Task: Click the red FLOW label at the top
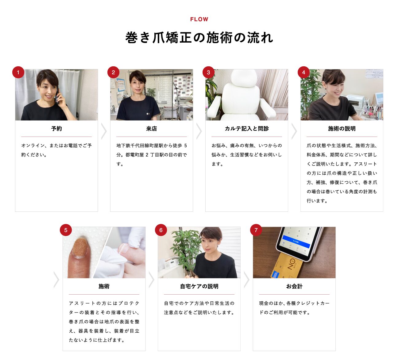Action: (x=199, y=19)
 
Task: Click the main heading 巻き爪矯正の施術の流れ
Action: (x=199, y=37)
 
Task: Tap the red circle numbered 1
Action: (x=18, y=72)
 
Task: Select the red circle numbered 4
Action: (x=304, y=72)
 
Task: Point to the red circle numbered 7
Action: (x=256, y=230)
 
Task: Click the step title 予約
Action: (x=56, y=129)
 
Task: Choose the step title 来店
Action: (x=151, y=129)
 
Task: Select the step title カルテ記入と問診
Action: (x=247, y=129)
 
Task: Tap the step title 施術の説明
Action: (x=342, y=129)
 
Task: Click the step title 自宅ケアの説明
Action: (x=199, y=286)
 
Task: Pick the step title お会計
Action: (x=294, y=286)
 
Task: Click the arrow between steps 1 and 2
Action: (x=104, y=131)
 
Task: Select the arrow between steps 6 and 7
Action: (x=246, y=280)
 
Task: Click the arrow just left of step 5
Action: (x=56, y=280)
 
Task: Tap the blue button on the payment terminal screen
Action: (x=296, y=242)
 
